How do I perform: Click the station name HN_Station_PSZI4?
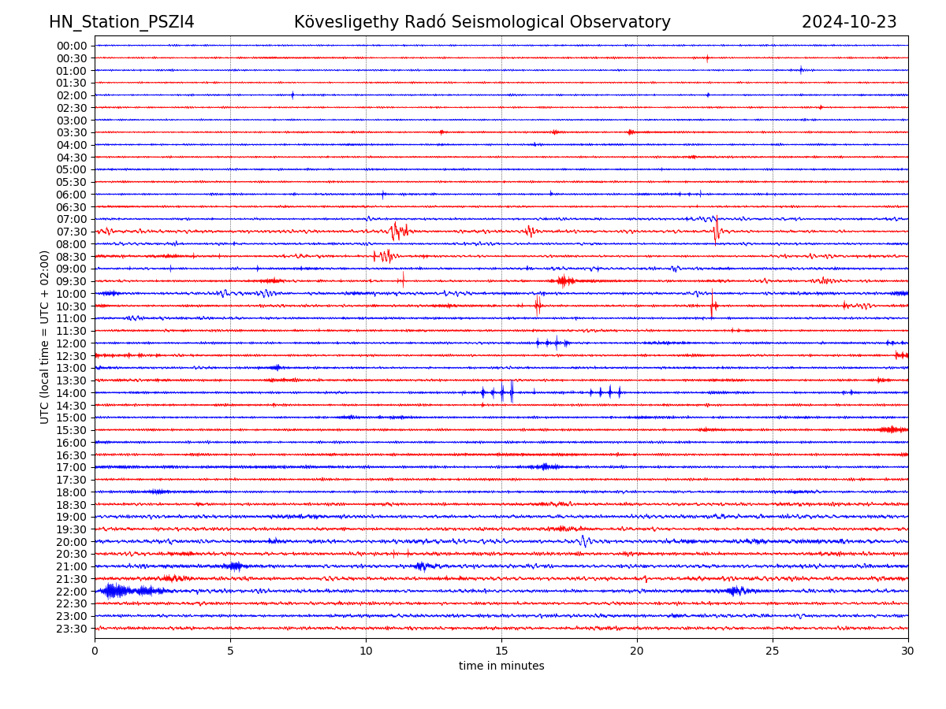pos(121,22)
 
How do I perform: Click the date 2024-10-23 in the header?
pos(849,22)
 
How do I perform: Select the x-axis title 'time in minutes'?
pos(501,666)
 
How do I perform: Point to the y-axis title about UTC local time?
pos(45,336)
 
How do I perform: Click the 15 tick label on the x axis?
pos(501,651)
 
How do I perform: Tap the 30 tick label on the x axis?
pos(908,651)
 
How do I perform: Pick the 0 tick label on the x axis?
pos(95,651)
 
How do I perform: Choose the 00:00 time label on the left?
pos(72,46)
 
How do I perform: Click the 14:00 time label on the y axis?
pos(72,393)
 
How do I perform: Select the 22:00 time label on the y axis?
pos(72,592)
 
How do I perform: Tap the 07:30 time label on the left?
pos(72,232)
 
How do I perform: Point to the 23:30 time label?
pos(72,629)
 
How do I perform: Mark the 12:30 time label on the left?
pos(72,356)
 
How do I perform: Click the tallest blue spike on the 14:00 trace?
pos(512,392)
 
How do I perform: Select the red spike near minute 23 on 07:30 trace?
pos(716,230)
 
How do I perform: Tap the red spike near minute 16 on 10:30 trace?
pos(538,305)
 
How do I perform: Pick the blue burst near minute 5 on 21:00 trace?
pos(234,566)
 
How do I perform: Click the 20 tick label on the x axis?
pos(637,651)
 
